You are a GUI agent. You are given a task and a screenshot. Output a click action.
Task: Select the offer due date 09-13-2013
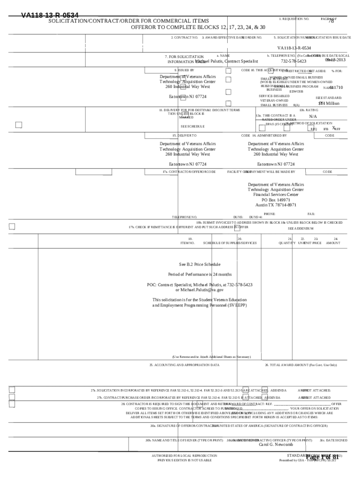[x=336, y=60]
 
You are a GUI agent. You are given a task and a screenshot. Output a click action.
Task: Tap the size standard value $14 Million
[x=329, y=103]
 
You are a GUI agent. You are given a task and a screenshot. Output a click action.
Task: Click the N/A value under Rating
[x=313, y=116]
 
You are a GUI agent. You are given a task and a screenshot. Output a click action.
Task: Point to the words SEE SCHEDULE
[x=193, y=126]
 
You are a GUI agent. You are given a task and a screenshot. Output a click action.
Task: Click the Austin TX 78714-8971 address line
[x=275, y=205]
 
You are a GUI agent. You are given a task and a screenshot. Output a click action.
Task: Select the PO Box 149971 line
[x=276, y=200]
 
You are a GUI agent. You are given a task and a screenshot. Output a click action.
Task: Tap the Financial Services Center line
[x=276, y=195]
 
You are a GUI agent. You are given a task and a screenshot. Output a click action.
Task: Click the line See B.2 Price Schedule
[x=200, y=264]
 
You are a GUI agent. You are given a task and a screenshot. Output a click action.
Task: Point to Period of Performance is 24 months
[x=200, y=274]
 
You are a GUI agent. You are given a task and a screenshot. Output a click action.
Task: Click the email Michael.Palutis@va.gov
[x=200, y=290]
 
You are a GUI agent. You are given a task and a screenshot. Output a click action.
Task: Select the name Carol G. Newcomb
[x=276, y=445]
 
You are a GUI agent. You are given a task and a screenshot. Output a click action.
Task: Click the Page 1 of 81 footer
[x=322, y=457]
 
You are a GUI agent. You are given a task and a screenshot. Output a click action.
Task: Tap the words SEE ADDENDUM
[x=301, y=228]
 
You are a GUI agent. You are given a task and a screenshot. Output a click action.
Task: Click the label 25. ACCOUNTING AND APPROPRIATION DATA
[x=184, y=365]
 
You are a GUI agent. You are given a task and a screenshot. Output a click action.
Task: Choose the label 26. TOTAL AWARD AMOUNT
[x=301, y=365]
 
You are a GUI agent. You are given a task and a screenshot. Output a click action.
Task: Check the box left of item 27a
[x=12, y=390]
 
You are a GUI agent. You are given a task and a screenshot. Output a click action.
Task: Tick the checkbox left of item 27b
[x=12, y=397]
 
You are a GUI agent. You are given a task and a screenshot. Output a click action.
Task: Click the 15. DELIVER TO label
[x=184, y=135]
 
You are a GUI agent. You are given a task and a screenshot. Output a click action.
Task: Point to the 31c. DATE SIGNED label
[x=333, y=440]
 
